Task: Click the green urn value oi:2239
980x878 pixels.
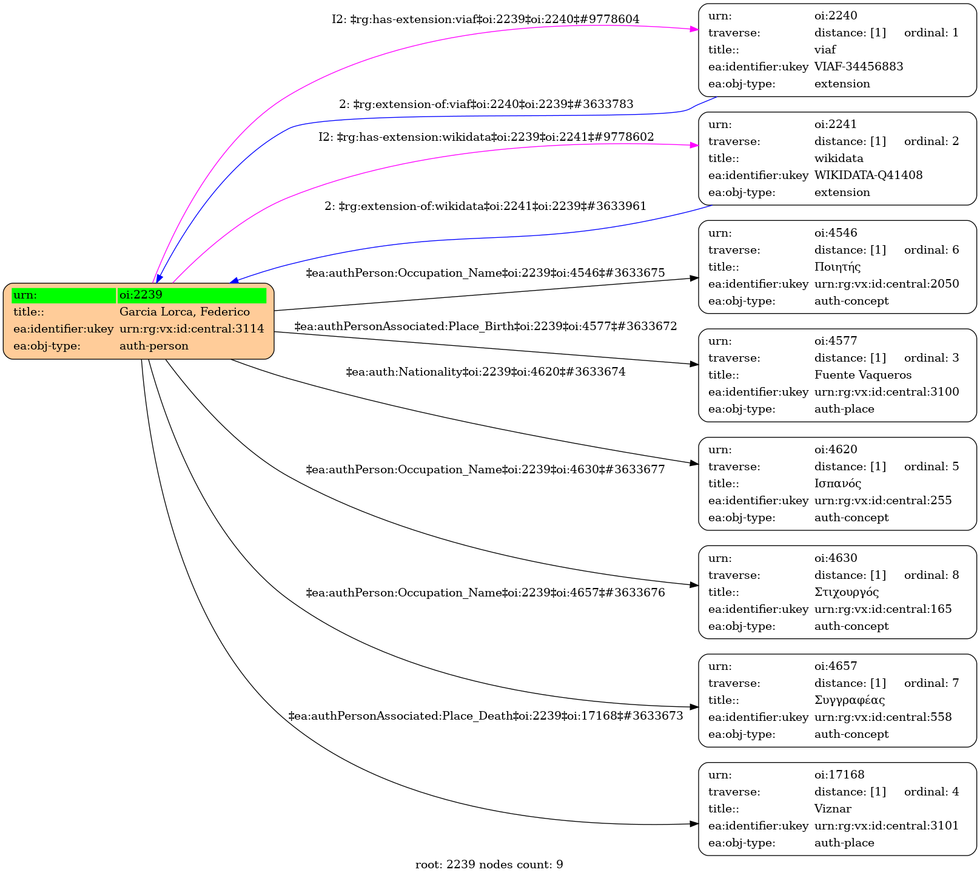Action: pyautogui.click(x=192, y=295)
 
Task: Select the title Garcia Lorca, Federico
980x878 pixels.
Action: pyautogui.click(x=184, y=312)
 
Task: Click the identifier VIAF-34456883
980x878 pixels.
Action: pyautogui.click(x=858, y=67)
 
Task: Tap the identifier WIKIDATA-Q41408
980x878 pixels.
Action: pyautogui.click(x=868, y=175)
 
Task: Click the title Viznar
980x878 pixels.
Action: pyautogui.click(x=833, y=809)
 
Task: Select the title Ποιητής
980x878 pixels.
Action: pyautogui.click(x=837, y=267)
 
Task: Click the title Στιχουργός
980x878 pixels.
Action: pyautogui.click(x=847, y=592)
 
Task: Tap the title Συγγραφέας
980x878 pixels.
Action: pyautogui.click(x=849, y=700)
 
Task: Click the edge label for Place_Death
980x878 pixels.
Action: pyautogui.click(x=486, y=716)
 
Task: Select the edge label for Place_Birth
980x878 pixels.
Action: pyautogui.click(x=486, y=326)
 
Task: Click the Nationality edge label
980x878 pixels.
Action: pyautogui.click(x=486, y=371)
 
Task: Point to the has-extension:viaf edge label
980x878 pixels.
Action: pyautogui.click(x=486, y=19)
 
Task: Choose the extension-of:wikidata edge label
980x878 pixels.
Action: pyautogui.click(x=486, y=206)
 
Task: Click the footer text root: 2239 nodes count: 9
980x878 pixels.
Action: pyautogui.click(x=489, y=865)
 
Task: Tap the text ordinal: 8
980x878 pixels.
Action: pyautogui.click(x=931, y=575)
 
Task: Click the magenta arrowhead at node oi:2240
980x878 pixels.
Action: pyautogui.click(x=694, y=29)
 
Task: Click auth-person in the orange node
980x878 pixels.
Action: pyautogui.click(x=154, y=346)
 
